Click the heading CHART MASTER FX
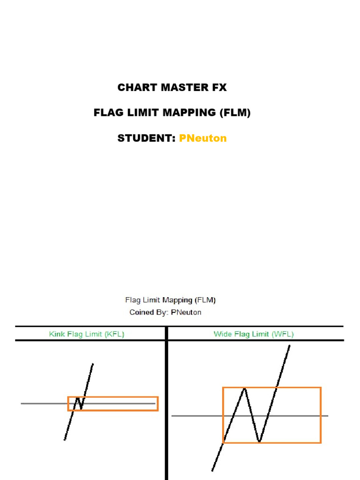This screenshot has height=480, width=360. tap(172, 88)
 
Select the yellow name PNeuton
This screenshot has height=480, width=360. tap(203, 138)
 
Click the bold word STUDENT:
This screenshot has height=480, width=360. tap(146, 138)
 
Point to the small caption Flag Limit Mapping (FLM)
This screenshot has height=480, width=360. tap(171, 300)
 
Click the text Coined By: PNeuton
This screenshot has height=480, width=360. tap(165, 312)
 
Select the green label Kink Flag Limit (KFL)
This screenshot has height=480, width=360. tap(87, 334)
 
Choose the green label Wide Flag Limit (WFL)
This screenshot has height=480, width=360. tap(254, 334)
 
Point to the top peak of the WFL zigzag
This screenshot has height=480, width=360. tap(244, 389)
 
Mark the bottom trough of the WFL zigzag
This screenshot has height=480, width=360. tap(259, 441)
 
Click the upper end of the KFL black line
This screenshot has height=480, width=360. tap(93, 364)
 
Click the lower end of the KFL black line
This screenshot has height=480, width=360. tap(65, 439)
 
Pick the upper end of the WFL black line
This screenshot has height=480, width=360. tap(290, 346)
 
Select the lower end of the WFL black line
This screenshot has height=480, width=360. tap(212, 470)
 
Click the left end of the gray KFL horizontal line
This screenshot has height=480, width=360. tap(22, 403)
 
